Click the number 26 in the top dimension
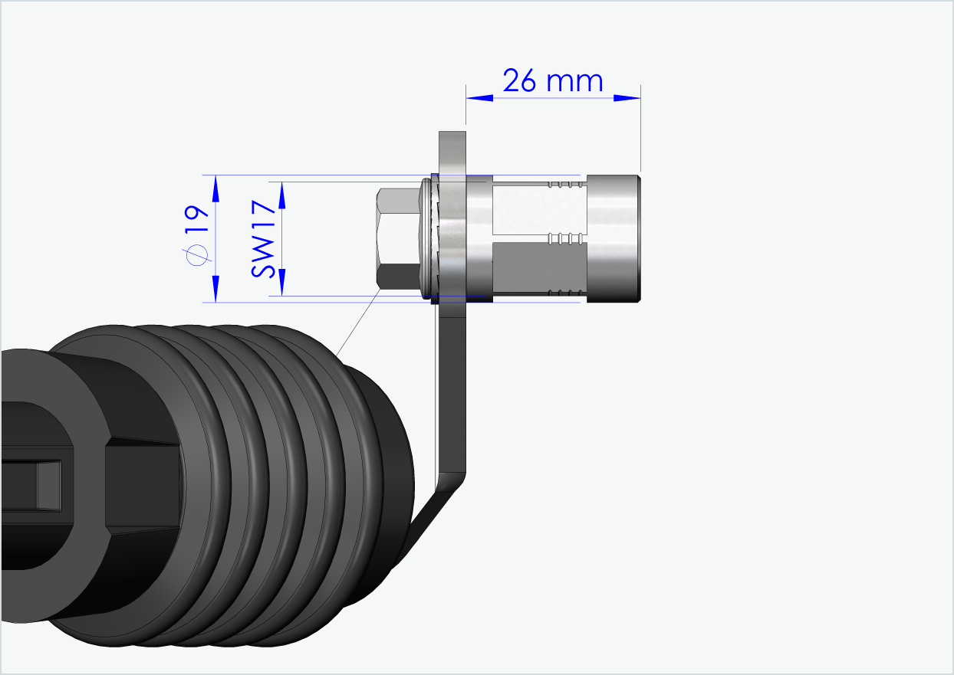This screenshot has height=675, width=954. (x=519, y=80)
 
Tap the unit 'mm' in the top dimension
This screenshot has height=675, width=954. (x=574, y=82)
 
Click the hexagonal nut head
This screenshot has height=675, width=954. (x=397, y=238)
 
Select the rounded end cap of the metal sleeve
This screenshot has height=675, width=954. (x=614, y=238)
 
